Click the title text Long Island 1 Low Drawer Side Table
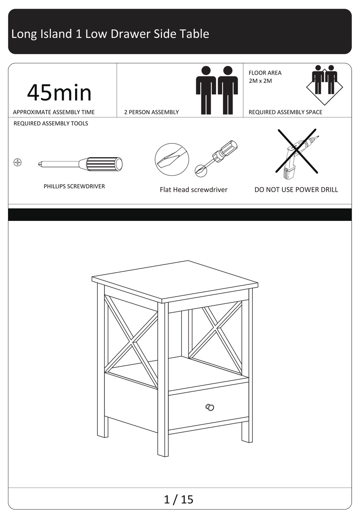[x=110, y=34]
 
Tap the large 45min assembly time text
[x=59, y=93]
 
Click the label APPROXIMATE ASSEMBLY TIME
[x=54, y=112]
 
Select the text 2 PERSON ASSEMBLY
[x=151, y=112]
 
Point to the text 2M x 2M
[x=260, y=81]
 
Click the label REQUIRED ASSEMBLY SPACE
[x=285, y=112]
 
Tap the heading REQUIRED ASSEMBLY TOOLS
[x=51, y=123]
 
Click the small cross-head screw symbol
[x=17, y=163]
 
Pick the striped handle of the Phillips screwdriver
[x=104, y=164]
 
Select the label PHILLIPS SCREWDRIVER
[x=74, y=186]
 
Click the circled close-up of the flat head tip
[x=172, y=159]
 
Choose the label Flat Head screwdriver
[x=194, y=190]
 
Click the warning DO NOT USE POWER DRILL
[x=296, y=190]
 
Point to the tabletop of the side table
[x=175, y=281]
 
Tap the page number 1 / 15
[x=178, y=500]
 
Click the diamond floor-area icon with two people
[x=324, y=85]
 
